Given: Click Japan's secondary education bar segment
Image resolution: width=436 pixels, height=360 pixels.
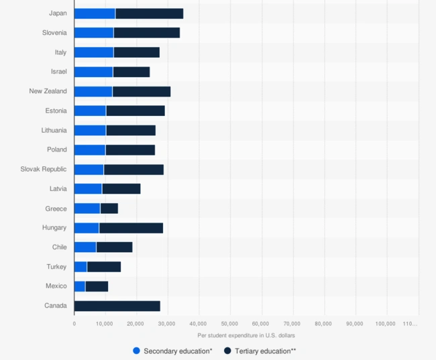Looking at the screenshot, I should (x=95, y=13).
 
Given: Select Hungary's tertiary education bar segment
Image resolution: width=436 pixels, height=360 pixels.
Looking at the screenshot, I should (x=131, y=228).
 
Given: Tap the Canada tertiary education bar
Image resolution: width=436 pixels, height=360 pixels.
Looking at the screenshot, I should (x=117, y=306).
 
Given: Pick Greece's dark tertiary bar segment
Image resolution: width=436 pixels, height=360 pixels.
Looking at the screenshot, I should (x=109, y=208).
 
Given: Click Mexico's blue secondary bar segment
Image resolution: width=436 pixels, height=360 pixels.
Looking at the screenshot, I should (x=80, y=286).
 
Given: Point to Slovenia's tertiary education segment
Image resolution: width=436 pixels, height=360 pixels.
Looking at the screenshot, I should (x=146, y=33).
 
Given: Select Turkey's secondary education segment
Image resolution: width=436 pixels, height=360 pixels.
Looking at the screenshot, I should (x=80, y=267).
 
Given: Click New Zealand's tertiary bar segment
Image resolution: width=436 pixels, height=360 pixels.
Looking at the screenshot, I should (x=141, y=91).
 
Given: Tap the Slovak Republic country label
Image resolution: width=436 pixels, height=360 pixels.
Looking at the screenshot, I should (x=44, y=170).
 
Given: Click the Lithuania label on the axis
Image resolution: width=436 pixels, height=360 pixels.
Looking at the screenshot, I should (x=54, y=131).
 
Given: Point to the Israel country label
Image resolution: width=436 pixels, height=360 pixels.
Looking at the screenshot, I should (x=58, y=72).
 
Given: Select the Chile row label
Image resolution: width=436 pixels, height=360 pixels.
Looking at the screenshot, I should (x=59, y=247).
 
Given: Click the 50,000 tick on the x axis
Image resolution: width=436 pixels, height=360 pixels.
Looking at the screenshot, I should (x=230, y=323).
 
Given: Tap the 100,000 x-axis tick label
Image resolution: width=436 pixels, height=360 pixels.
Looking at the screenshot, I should (x=386, y=323).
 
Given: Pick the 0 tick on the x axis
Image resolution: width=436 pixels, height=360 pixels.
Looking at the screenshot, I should (x=74, y=323).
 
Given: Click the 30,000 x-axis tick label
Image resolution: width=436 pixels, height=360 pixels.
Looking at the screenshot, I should (x=168, y=323).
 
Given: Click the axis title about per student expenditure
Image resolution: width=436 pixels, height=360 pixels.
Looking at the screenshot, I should (x=246, y=335).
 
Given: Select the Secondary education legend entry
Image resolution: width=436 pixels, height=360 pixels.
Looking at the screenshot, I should (x=173, y=351).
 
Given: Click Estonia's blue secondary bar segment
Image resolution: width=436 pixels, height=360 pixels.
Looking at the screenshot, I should (x=90, y=111).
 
